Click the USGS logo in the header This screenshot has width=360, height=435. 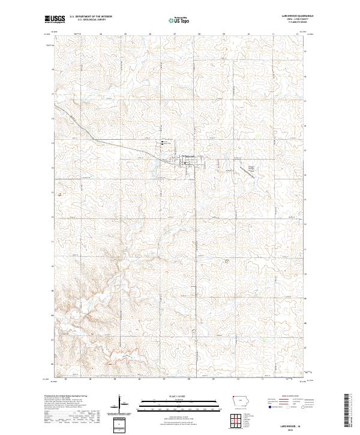click(55, 19)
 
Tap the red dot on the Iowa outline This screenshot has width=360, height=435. click(233, 397)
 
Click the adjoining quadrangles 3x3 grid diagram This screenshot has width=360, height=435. click(239, 419)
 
